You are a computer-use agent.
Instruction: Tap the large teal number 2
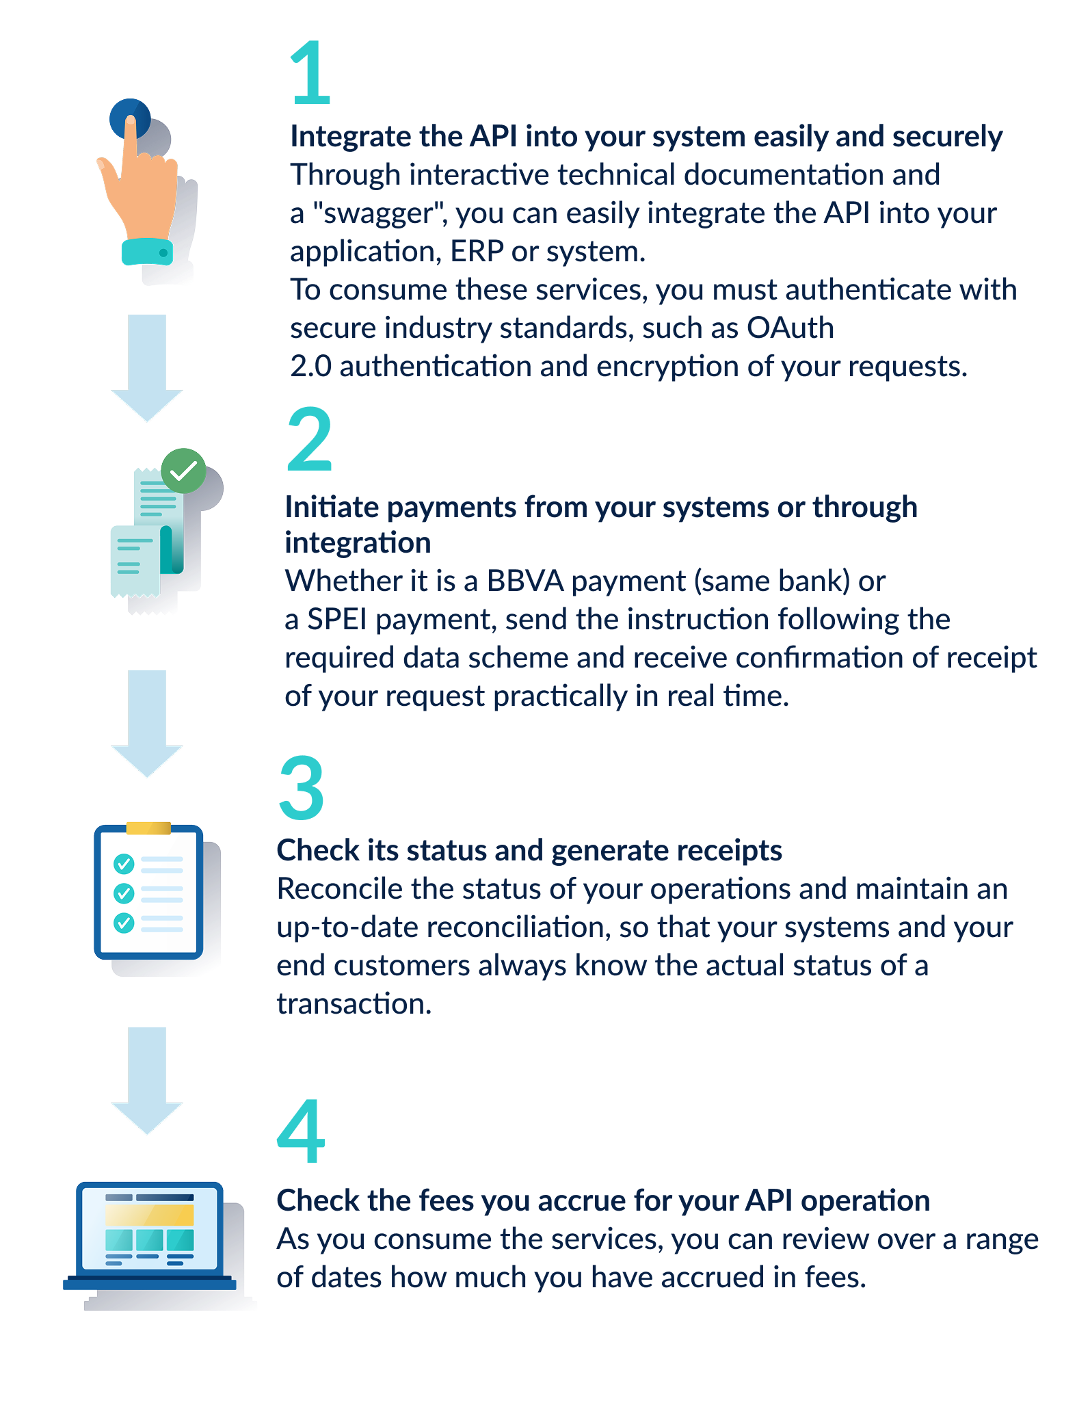[x=309, y=439]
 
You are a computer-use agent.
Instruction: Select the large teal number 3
[x=302, y=787]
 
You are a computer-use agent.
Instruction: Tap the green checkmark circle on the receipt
[x=183, y=471]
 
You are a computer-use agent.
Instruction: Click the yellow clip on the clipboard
[x=148, y=828]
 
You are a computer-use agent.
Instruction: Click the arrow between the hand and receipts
[x=147, y=368]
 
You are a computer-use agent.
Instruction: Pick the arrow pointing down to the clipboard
[x=147, y=724]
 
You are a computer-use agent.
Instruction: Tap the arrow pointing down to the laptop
[x=147, y=1081]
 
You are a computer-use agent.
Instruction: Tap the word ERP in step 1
[x=477, y=251]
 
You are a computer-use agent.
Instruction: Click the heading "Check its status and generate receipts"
[x=529, y=851]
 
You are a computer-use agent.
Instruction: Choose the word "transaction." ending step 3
[x=354, y=1003]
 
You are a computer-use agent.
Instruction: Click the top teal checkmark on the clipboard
[x=124, y=864]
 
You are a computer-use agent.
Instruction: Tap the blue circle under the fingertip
[x=129, y=118]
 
